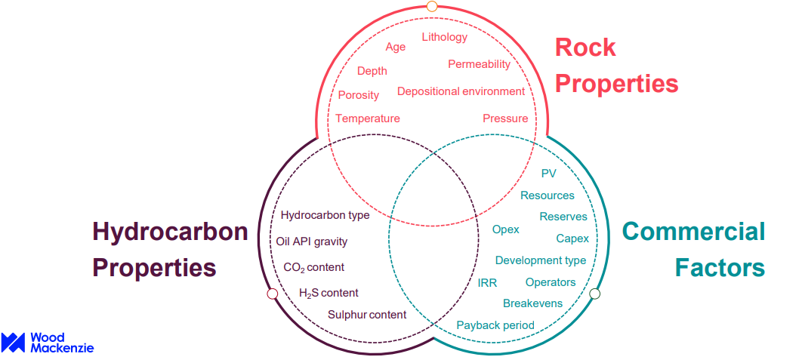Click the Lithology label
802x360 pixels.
(445, 37)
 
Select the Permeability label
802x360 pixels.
(480, 64)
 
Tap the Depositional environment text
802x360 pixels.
(461, 91)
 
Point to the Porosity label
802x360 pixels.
(359, 95)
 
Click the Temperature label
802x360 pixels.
(367, 118)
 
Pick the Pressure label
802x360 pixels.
(505, 118)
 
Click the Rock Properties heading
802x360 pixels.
(616, 66)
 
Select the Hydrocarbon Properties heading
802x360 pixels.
(170, 250)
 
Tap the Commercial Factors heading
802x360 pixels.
(693, 250)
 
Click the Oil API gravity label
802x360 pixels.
(311, 242)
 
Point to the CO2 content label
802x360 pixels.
(313, 267)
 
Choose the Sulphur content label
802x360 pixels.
(367, 315)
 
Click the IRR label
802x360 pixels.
(487, 283)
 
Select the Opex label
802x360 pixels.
(506, 229)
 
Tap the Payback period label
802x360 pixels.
(495, 325)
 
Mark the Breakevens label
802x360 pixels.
(533, 303)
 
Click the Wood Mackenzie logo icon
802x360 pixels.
(13, 343)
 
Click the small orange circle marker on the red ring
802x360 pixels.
(432, 6)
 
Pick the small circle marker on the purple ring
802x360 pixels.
(273, 294)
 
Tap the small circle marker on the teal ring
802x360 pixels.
(594, 294)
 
